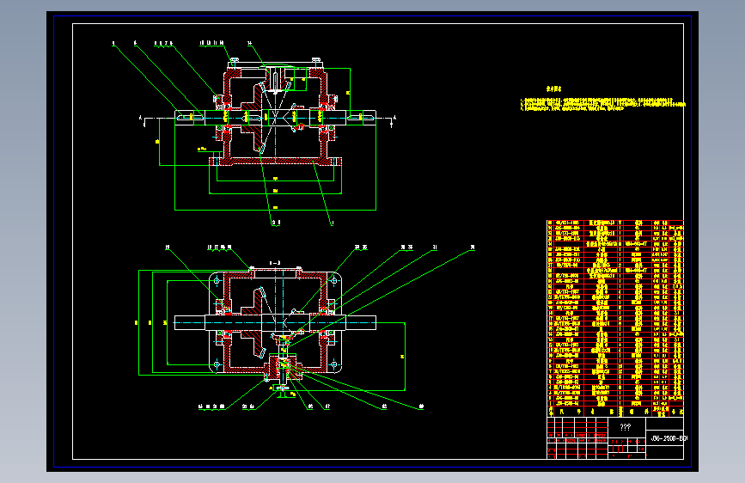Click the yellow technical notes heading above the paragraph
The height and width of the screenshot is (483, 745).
coord(554,89)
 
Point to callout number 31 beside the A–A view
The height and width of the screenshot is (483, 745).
coord(435,247)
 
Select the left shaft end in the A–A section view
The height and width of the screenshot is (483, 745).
coord(191,322)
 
